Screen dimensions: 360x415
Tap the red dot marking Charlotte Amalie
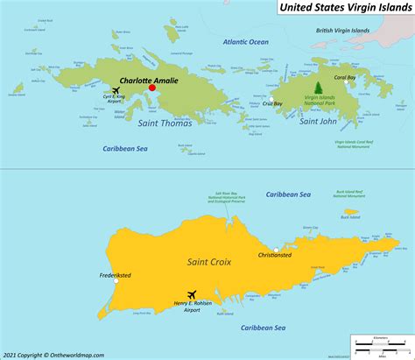[x=151, y=88]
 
